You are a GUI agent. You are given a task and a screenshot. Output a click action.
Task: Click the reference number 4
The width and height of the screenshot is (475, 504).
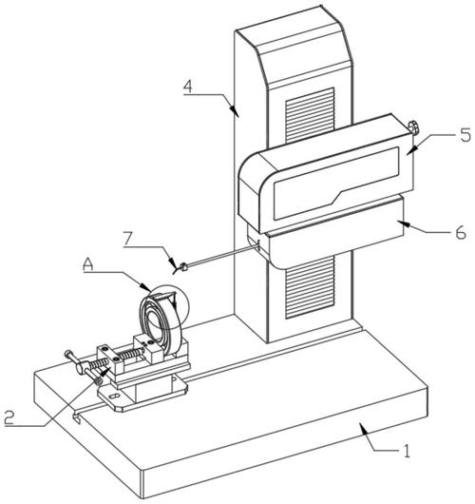pos(188,87)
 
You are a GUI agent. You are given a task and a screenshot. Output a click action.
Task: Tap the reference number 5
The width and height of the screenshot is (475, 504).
pos(465,134)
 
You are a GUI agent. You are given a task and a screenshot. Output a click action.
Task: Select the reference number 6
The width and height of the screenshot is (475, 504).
pos(461,232)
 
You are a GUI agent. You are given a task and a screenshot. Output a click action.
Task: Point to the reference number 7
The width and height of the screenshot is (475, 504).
pos(127,239)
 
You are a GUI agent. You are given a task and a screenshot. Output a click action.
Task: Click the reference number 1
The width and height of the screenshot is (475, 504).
pos(407,451)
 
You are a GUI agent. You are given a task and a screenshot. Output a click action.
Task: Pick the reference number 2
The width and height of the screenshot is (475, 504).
pos(9,417)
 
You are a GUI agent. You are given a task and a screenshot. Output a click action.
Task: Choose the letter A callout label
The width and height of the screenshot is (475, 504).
pos(88,264)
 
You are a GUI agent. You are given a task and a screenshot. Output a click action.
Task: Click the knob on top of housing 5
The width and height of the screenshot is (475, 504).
pos(414,127)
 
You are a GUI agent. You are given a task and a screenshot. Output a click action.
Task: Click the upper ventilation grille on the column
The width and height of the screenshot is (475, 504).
pos(310,116)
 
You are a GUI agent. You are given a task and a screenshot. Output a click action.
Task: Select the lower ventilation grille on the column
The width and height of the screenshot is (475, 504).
pos(310,287)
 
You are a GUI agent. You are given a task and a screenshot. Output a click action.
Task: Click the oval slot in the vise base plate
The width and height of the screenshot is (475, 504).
pos(114,396)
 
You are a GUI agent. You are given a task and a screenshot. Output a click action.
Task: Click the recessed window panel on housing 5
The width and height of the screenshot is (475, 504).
pos(336,184)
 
